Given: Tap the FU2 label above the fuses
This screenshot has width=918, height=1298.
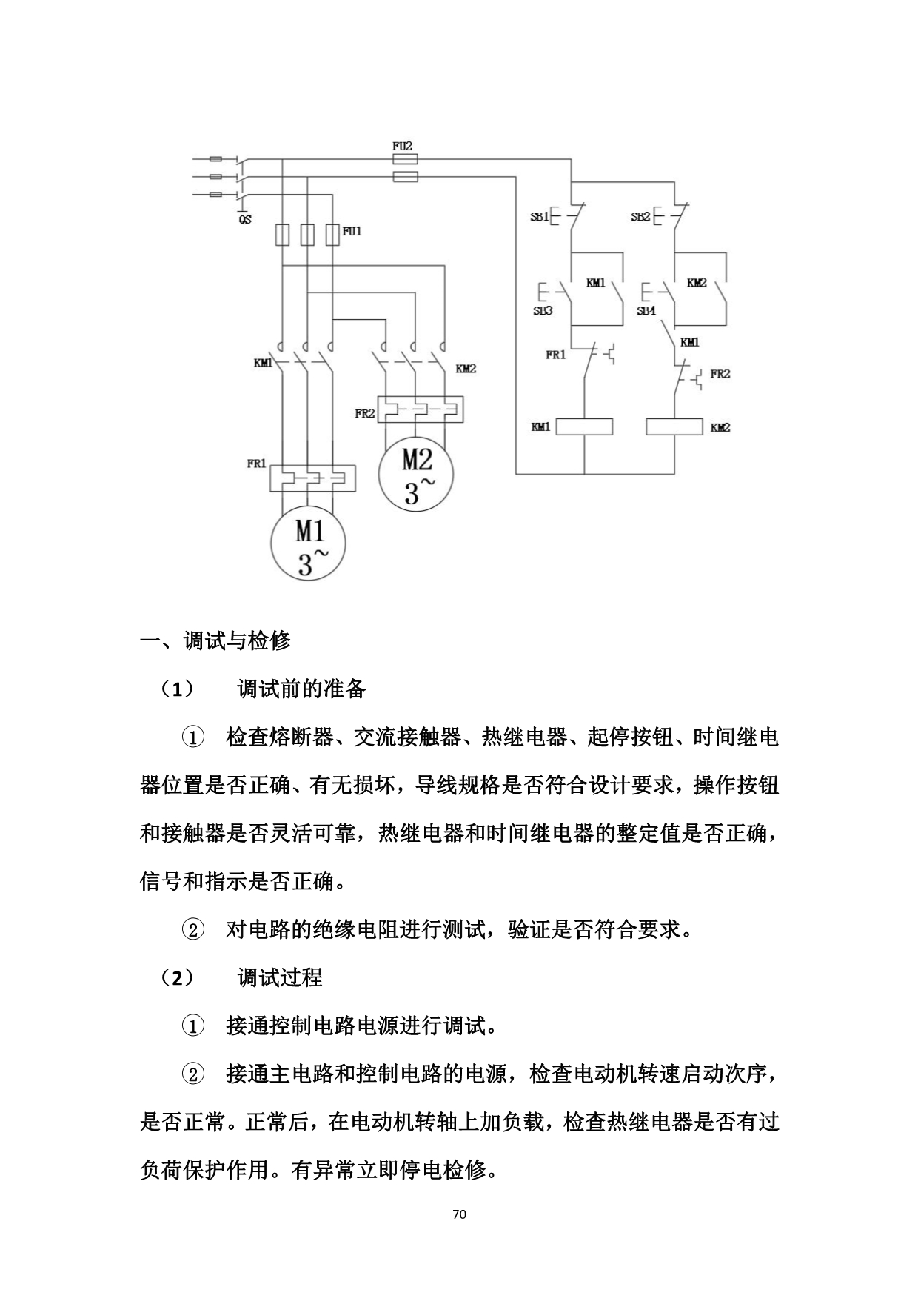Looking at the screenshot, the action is (402, 146).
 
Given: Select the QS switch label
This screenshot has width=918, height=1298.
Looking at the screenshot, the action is (244, 220).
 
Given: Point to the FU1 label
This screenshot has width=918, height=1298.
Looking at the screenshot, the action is (352, 232).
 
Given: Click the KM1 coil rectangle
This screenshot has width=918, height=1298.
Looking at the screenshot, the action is (584, 427).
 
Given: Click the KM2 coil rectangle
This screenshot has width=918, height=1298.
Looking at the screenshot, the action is (674, 427).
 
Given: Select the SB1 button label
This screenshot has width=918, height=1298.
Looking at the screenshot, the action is (539, 217).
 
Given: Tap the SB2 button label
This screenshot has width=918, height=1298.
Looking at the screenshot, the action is (640, 217).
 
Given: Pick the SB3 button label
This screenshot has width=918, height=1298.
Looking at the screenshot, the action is (543, 311).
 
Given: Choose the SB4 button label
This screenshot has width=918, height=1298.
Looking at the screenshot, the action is (646, 311).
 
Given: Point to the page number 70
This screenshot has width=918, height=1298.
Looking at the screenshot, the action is (459, 1214).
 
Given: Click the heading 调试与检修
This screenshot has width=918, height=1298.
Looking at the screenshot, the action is (237, 640).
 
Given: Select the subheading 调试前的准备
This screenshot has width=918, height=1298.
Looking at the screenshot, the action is (301, 689).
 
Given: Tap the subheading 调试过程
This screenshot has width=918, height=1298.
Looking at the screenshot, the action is (280, 977).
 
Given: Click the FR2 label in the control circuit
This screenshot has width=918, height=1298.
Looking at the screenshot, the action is (720, 374).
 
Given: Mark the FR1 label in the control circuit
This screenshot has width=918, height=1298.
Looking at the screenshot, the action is (556, 355).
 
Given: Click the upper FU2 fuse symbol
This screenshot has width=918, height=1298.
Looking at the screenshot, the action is (404, 158).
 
